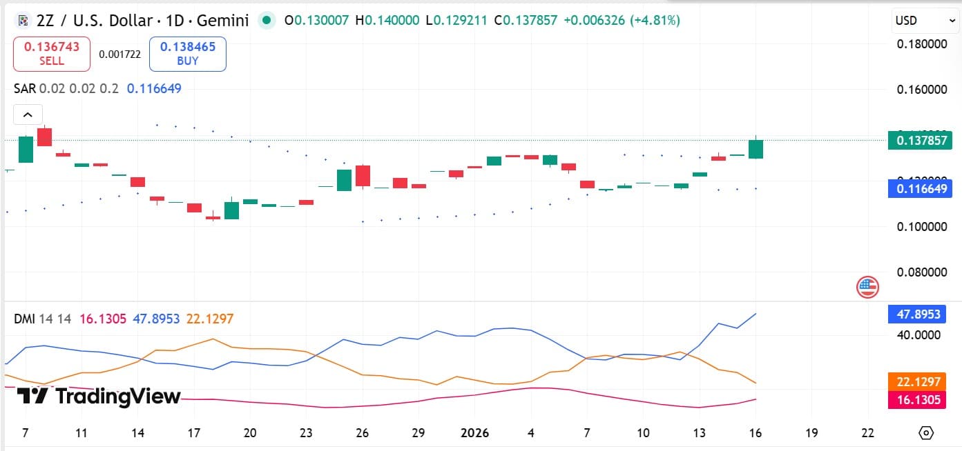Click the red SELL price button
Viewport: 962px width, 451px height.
[52, 54]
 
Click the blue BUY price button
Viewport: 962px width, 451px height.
[188, 54]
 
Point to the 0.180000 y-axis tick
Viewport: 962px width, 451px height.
[922, 44]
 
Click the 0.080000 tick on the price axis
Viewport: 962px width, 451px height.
[922, 272]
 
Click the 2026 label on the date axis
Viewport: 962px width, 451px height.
[474, 433]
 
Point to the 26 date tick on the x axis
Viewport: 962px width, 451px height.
[363, 433]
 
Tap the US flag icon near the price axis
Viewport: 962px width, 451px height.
[867, 286]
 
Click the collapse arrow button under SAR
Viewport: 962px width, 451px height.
[28, 114]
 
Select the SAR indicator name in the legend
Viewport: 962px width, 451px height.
[25, 88]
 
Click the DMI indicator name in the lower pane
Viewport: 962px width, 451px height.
[25, 319]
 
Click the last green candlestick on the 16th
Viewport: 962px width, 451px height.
[756, 149]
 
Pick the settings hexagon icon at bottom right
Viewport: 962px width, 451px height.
[926, 433]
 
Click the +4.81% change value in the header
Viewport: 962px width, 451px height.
[656, 21]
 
